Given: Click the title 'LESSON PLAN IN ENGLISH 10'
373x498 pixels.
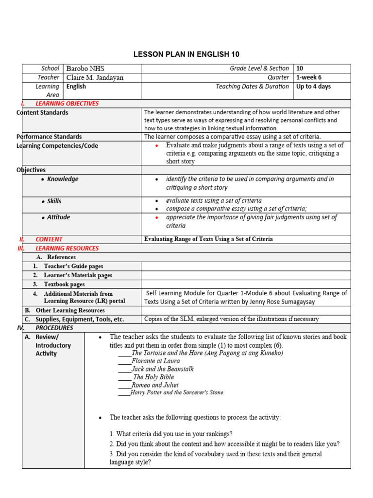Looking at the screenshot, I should [x=186, y=54].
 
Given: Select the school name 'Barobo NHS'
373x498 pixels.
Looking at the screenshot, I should [x=85, y=69].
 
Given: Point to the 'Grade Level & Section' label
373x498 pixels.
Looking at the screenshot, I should [x=259, y=69].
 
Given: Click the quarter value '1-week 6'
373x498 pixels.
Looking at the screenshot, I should [x=309, y=78].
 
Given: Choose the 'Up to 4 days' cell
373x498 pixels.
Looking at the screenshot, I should [x=313, y=87].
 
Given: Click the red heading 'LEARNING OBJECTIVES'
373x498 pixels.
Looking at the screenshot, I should [x=67, y=104].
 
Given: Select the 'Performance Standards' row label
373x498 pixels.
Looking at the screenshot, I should [x=49, y=137].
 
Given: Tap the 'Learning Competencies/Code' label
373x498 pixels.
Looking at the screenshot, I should [x=57, y=146].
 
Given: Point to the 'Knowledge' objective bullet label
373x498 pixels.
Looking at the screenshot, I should [x=63, y=179].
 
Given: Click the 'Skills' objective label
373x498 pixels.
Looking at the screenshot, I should [x=54, y=201].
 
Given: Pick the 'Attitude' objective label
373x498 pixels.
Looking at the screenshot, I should [x=58, y=217].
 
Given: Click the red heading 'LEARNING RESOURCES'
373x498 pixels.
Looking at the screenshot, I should [x=67, y=249].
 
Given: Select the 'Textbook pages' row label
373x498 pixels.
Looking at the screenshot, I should [x=64, y=284].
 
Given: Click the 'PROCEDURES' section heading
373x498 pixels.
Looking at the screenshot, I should [x=54, y=328].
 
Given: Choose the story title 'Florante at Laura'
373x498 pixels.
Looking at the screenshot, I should [x=155, y=361].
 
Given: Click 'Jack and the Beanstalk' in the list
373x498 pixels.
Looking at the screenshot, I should [x=163, y=369].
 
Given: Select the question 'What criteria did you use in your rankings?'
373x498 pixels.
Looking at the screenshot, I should [x=171, y=434].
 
